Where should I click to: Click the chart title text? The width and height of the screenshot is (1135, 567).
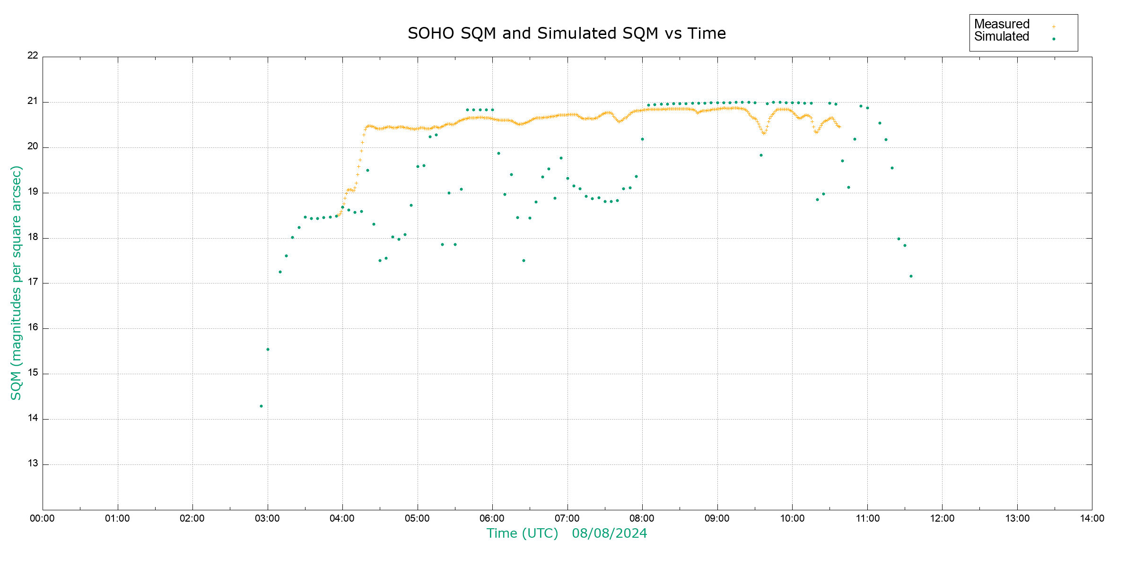coord(567,34)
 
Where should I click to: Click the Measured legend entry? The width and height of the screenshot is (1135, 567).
coord(1002,24)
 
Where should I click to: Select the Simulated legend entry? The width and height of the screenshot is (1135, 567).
coord(1002,37)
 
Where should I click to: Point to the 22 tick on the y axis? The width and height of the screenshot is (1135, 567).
coord(33,55)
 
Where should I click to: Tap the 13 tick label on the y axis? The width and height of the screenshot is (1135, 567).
coord(33,464)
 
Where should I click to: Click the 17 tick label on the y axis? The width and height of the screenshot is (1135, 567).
coord(33,282)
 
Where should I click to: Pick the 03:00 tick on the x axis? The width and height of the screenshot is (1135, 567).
coord(267,518)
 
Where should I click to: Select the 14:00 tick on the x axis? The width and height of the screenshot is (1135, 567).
coord(1092,518)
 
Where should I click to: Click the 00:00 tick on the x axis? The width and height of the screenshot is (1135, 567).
coord(42,518)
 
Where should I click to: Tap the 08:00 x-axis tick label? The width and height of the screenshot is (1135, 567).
coord(642,518)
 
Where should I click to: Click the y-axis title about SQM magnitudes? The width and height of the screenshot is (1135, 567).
coord(17,283)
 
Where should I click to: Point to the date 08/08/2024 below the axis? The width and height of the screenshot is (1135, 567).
coord(609,533)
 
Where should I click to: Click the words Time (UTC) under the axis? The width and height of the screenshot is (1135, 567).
coord(522,533)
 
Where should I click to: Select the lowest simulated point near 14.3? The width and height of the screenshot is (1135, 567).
coord(261,406)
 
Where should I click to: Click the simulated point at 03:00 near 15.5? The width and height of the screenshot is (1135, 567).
coord(268,350)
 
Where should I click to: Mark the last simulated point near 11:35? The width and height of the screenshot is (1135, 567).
coord(911,276)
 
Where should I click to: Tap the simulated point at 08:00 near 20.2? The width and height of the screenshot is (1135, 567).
coord(642,139)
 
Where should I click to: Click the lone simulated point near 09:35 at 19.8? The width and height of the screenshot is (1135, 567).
coord(761,155)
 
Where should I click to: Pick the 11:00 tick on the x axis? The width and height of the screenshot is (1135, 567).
coord(867,518)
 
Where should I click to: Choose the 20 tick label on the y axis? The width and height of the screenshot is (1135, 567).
coord(33,146)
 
